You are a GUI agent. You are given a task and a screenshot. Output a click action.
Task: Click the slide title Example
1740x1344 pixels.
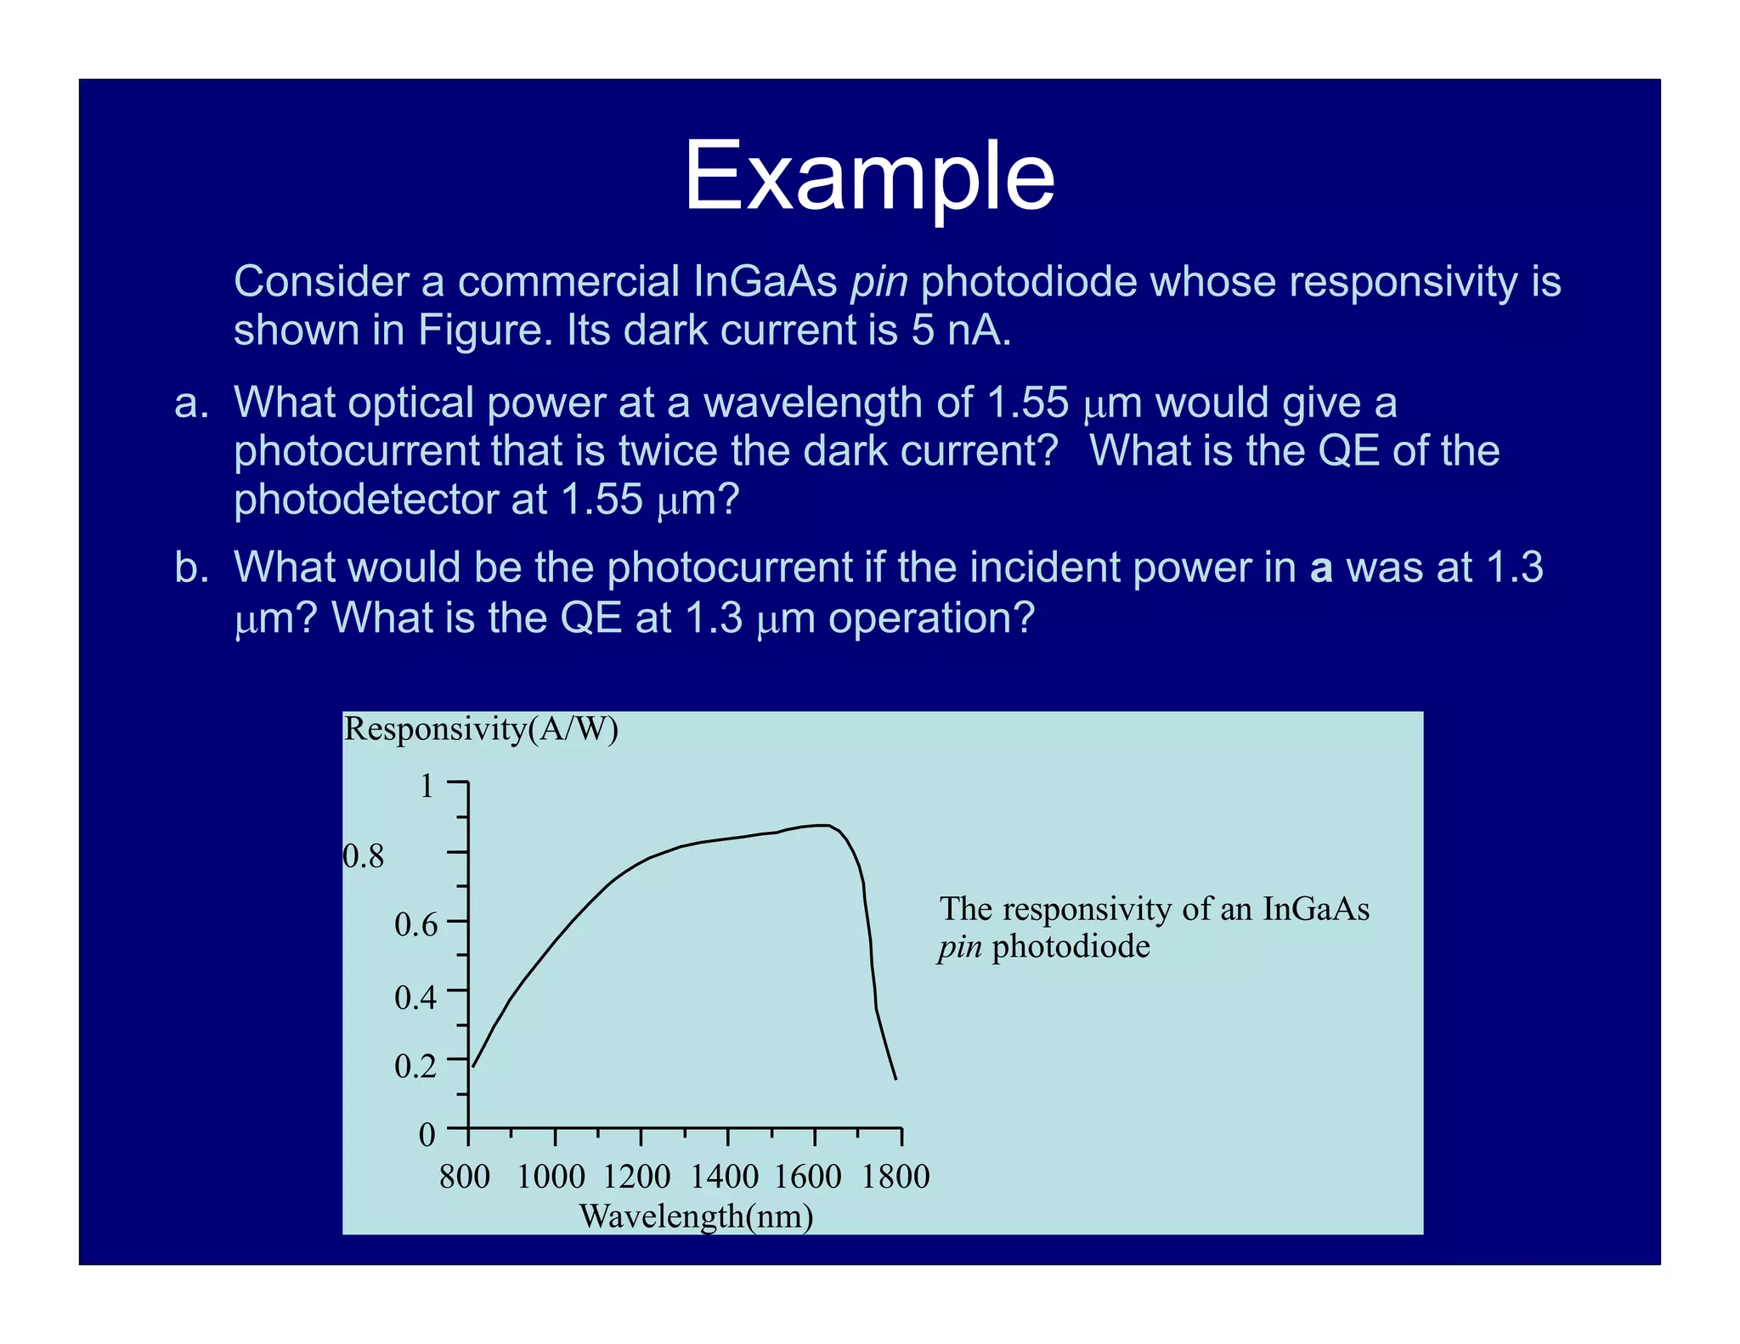(x=868, y=176)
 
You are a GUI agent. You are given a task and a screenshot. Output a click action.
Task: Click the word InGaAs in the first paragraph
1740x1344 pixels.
(x=765, y=281)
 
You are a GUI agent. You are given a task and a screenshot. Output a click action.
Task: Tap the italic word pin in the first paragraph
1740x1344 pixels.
(x=879, y=281)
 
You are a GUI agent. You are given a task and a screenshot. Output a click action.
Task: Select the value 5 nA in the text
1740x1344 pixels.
(x=961, y=330)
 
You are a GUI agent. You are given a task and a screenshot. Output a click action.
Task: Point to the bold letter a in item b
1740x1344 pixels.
(x=1321, y=568)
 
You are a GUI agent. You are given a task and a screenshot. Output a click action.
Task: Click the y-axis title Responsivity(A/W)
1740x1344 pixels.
(x=481, y=729)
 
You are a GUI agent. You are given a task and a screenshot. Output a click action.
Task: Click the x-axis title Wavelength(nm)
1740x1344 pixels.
(x=696, y=1217)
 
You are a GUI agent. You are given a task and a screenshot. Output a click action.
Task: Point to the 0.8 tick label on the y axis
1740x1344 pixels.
(x=364, y=856)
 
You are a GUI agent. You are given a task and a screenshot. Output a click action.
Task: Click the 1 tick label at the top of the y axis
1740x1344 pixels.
(x=427, y=786)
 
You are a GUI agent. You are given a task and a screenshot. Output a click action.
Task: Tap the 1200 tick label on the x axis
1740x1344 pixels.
(x=637, y=1177)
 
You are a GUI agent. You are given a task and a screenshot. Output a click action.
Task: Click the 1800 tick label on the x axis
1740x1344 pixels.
(x=895, y=1177)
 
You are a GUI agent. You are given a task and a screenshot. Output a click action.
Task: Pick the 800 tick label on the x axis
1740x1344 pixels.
(x=465, y=1177)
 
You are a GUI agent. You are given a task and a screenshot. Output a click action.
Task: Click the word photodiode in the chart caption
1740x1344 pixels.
(x=1071, y=946)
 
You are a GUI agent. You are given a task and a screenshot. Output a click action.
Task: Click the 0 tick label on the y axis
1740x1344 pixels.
(x=427, y=1134)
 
